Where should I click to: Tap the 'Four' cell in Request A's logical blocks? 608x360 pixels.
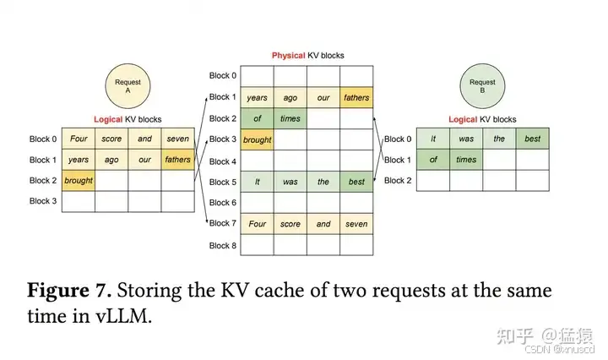coord(79,139)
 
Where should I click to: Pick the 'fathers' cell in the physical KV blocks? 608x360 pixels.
coord(356,98)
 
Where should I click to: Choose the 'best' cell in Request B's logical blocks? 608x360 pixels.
coord(533,139)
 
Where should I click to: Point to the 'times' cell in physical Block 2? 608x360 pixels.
coord(290,119)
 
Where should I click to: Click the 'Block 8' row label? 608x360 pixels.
coord(223,245)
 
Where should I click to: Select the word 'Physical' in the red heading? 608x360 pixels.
coord(287,56)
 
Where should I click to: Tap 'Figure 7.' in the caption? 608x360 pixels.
coord(69,292)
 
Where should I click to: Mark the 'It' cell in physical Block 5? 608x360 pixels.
coord(257,182)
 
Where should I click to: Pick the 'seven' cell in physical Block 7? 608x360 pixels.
coord(356,224)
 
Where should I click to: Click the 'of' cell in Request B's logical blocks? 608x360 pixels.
coord(433,160)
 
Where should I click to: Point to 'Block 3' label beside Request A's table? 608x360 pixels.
coord(42,201)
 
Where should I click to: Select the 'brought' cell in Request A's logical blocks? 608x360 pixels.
coord(79,180)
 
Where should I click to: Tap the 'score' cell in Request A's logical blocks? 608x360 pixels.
coord(111,139)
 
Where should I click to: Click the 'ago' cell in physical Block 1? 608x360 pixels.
coord(290,98)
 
